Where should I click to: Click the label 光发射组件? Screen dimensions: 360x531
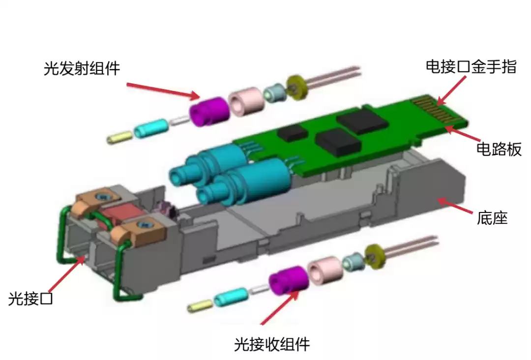tap(82, 68)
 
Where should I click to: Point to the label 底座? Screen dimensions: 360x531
tap(492, 217)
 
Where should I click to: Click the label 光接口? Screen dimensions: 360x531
tap(30, 298)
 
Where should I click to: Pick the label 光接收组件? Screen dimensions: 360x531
tap(272, 344)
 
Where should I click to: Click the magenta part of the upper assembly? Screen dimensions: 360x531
tap(208, 111)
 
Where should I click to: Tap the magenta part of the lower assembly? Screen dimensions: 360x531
tap(288, 280)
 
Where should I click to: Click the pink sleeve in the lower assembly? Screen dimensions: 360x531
tap(324, 270)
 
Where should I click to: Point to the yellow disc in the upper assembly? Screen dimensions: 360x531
tap(296, 87)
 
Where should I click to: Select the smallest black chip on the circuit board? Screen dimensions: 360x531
tap(291, 131)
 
